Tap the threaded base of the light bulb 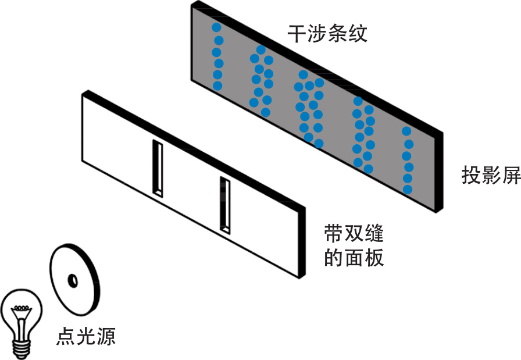coord(23,347)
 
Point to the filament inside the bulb coord(23,311)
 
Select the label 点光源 coord(85,337)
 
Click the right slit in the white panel coord(225,204)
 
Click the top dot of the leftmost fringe coord(216,28)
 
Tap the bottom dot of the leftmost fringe coord(217,86)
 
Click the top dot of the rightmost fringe coord(407,131)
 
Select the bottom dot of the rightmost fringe coord(408,190)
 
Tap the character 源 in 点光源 coord(105,337)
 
